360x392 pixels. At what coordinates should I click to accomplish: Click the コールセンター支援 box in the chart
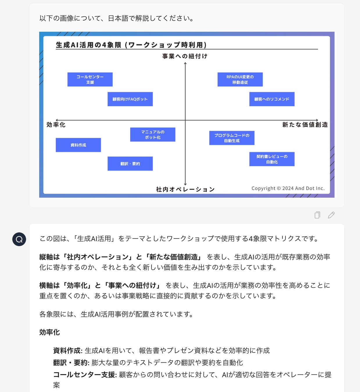pyautogui.click(x=90, y=80)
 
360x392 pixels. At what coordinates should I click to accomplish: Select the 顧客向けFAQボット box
pyautogui.click(x=130, y=99)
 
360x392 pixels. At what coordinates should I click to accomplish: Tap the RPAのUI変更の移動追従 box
pyautogui.click(x=240, y=80)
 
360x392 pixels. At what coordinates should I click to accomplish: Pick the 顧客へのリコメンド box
pyautogui.click(x=272, y=99)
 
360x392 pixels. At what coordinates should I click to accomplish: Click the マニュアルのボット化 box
pyautogui.click(x=153, y=134)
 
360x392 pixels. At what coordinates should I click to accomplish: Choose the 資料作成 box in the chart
pyautogui.click(x=78, y=145)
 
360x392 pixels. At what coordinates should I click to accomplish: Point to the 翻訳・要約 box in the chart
pyautogui.click(x=130, y=164)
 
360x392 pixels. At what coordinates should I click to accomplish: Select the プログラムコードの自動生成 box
pyautogui.click(x=232, y=138)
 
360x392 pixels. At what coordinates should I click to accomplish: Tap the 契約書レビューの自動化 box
pyautogui.click(x=272, y=159)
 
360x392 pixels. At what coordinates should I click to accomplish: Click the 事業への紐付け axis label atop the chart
pyautogui.click(x=185, y=56)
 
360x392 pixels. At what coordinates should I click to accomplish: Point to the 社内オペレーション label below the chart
pyautogui.click(x=185, y=189)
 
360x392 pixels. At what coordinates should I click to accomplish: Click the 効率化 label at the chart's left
pyautogui.click(x=56, y=125)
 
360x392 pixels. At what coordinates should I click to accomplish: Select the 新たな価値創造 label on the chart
pyautogui.click(x=305, y=125)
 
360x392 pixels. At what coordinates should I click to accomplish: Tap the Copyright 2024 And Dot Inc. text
pyautogui.click(x=288, y=188)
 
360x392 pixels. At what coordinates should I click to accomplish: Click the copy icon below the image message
pyautogui.click(x=317, y=215)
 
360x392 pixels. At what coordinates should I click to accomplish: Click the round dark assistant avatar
pyautogui.click(x=19, y=239)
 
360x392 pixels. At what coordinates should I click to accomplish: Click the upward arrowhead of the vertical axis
pyautogui.click(x=185, y=64)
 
